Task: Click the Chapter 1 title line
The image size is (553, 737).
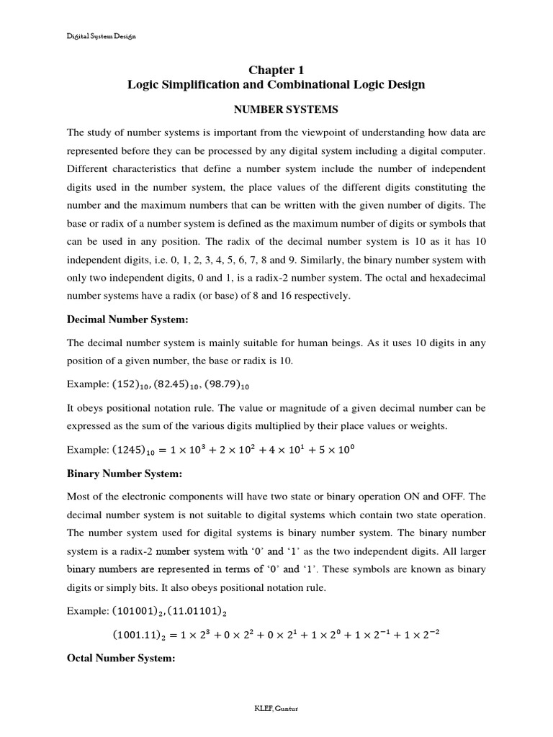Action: point(276,70)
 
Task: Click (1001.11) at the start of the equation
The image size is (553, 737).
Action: point(140,636)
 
